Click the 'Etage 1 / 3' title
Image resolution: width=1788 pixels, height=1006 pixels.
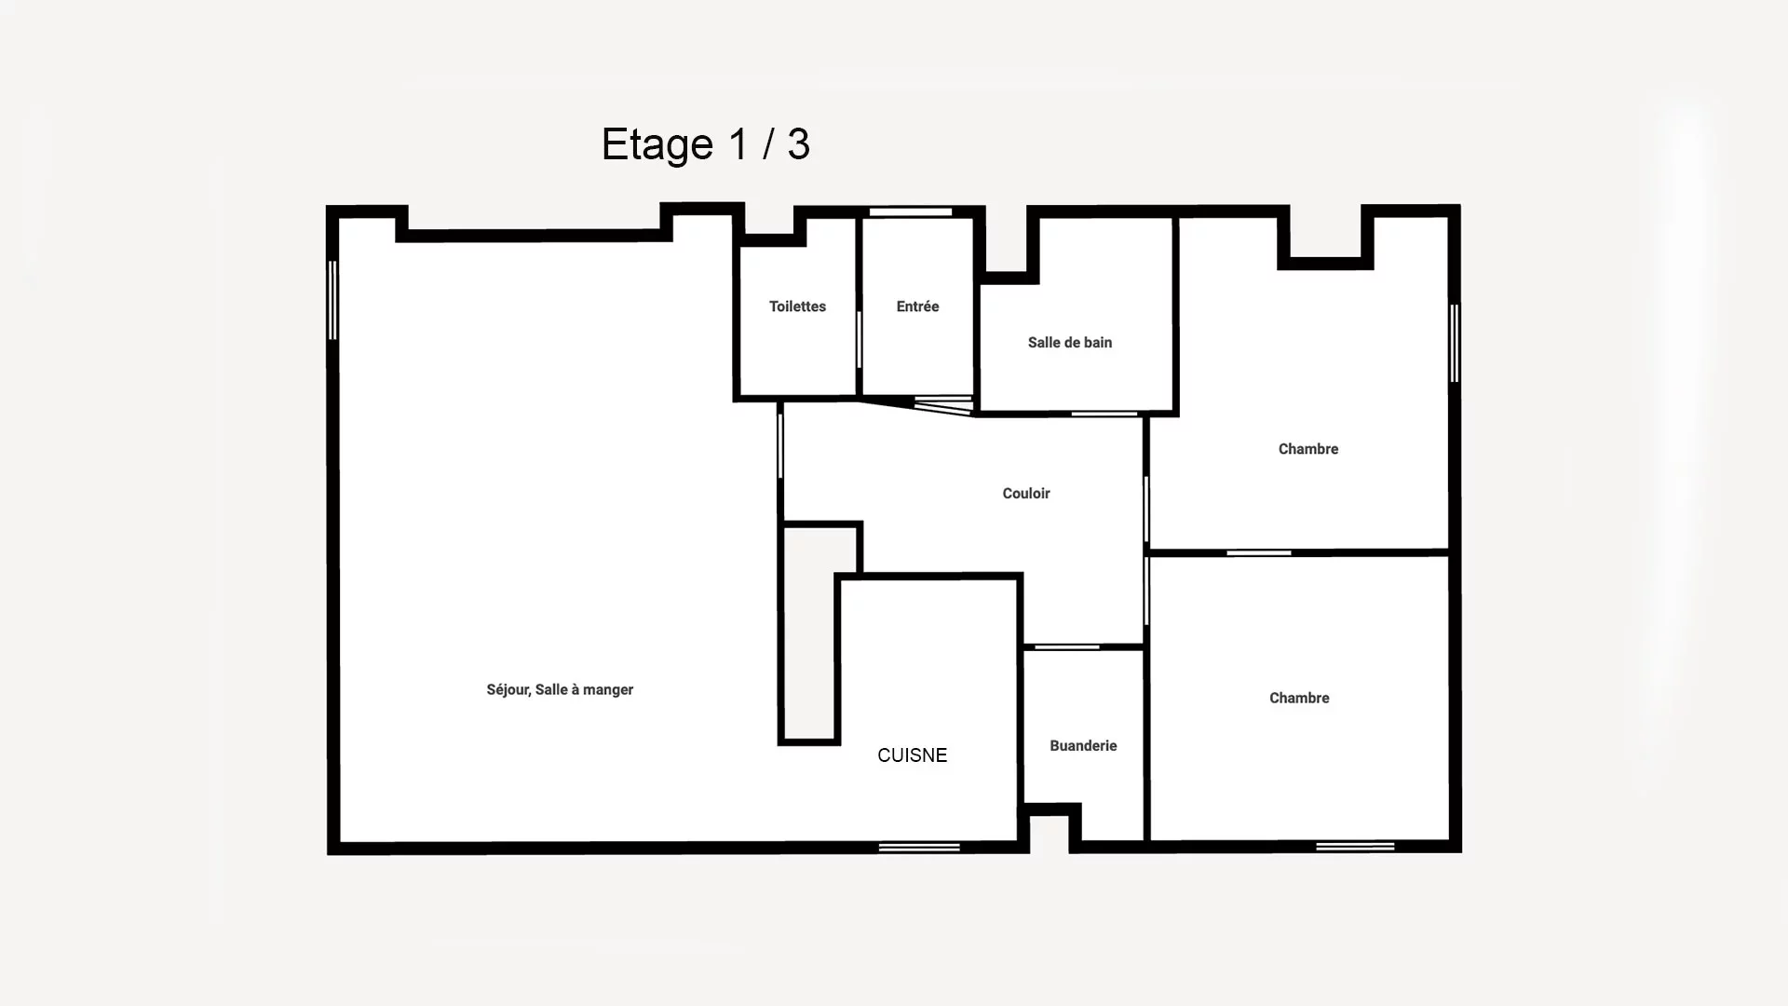coord(706,144)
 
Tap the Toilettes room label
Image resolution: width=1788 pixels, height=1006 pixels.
coord(797,306)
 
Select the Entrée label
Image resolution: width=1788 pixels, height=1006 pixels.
coord(917,306)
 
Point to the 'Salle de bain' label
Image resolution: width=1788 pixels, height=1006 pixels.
coord(1070,343)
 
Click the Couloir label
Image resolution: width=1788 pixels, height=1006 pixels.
coord(1026,494)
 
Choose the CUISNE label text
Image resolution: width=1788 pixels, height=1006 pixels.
coord(913,755)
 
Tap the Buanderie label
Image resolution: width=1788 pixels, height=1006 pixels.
coord(1083,746)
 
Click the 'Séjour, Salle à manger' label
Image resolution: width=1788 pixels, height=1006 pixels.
coord(560,690)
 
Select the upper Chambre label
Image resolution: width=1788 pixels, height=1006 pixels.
coord(1308,449)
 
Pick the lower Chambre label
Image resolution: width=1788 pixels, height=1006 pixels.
coord(1299,698)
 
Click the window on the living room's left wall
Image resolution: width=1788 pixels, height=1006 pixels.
coord(332,300)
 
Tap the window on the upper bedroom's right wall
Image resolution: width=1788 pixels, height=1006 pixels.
coord(1455,343)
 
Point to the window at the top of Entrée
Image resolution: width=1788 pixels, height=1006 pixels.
coord(911,212)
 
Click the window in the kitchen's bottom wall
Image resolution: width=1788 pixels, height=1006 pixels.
coord(919,847)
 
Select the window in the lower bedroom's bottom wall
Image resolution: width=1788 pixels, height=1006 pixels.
coord(1355,847)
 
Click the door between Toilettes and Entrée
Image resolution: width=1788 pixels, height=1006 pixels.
coord(859,339)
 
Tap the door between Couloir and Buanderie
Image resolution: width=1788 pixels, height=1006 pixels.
coord(1067,646)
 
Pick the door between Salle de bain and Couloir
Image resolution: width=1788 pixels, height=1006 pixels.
coord(1104,414)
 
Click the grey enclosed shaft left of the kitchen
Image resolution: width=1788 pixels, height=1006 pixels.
coord(810,634)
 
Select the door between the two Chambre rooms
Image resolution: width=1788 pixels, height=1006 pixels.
coord(1259,553)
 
